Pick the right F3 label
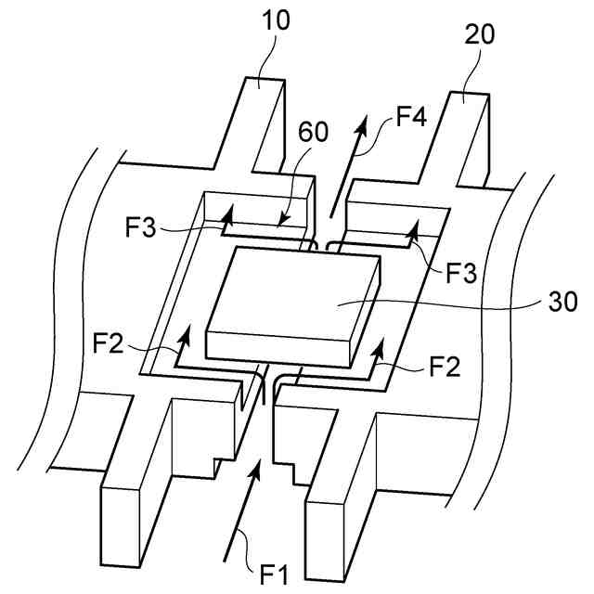464,273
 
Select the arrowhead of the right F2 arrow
377,346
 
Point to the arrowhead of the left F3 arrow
223,214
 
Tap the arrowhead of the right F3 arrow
414,226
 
